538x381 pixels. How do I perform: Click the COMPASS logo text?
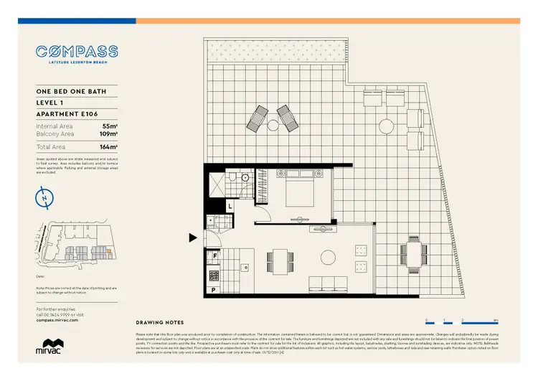(x=77, y=52)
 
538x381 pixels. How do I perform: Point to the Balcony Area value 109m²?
(x=108, y=133)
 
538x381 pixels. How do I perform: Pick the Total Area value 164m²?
(x=108, y=146)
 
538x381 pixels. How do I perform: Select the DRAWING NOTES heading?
(x=160, y=323)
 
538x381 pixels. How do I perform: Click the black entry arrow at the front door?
(x=193, y=237)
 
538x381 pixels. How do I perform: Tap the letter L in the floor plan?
(x=230, y=207)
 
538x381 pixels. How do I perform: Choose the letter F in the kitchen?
(x=214, y=255)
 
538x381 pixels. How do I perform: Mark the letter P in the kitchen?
(x=214, y=290)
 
